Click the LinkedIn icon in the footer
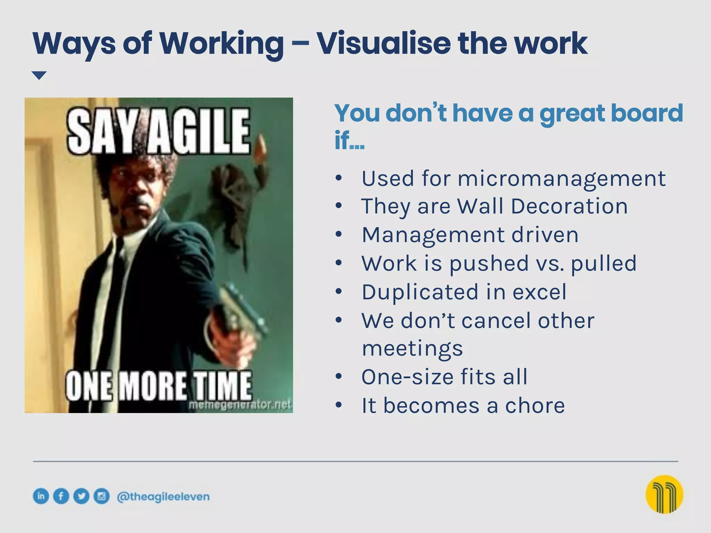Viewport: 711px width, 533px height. (41, 496)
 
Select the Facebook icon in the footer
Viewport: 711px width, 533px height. (61, 496)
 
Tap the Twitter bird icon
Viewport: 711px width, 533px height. (81, 496)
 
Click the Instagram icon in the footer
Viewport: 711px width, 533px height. (101, 496)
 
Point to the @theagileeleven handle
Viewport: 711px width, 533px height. (163, 497)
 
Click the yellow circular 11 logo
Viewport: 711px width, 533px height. (664, 494)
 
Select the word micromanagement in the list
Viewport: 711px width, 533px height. (561, 179)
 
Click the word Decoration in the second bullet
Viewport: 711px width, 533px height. (569, 206)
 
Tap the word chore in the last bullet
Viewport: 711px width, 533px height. (535, 406)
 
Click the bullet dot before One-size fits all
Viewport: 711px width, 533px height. (339, 376)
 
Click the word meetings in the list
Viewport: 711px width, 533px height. (412, 349)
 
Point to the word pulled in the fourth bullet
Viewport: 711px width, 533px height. (603, 263)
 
